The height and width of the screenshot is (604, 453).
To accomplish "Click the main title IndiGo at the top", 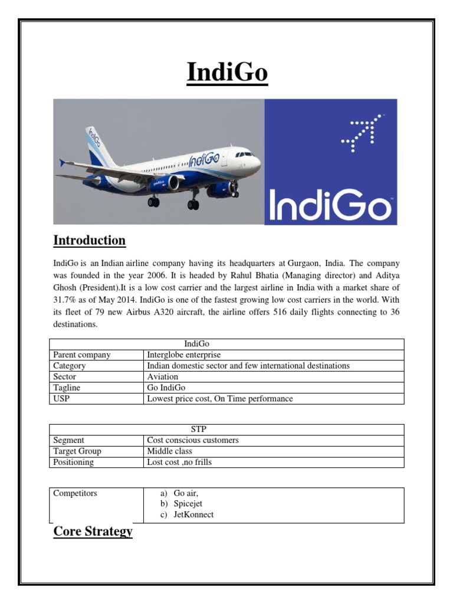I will click(227, 73).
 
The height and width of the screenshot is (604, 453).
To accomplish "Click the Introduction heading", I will click(89, 240).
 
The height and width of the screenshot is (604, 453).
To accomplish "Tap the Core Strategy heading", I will click(93, 531).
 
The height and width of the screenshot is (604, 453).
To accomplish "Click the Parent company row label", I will click(81, 354).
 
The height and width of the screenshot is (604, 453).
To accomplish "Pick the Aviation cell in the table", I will click(162, 376).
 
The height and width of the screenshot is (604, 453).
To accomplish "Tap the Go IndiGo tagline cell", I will click(166, 388).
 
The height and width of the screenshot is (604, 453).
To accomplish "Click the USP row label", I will click(61, 399).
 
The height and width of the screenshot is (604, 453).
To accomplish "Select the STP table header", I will click(226, 429).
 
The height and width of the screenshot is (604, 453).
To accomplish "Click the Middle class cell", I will click(169, 451).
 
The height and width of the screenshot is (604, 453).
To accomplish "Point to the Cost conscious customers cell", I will click(193, 440).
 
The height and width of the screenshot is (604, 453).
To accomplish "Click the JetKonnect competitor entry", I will click(193, 514).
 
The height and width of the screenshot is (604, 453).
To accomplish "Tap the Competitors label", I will click(75, 493).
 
